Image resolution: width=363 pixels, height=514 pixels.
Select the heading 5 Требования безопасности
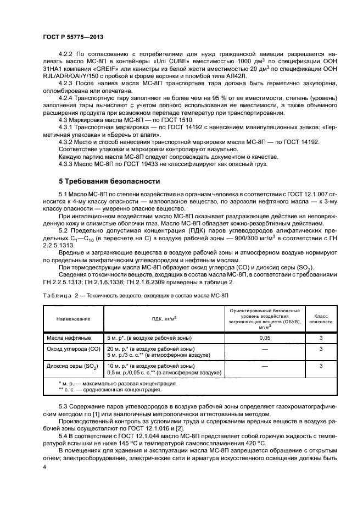109,181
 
